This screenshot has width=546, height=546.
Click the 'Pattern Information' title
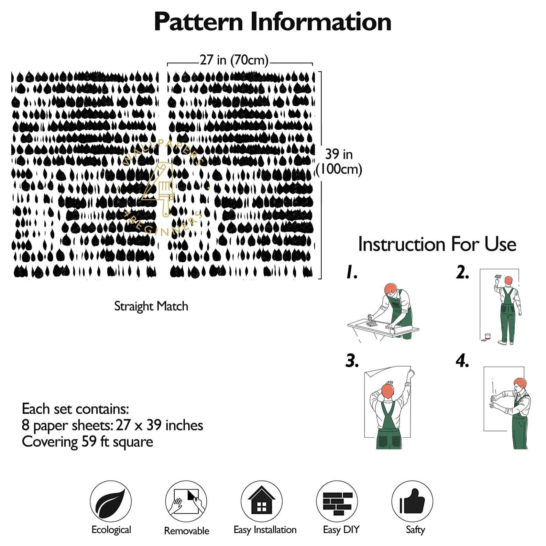pos(272,22)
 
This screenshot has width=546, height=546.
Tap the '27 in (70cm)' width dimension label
pos(234,60)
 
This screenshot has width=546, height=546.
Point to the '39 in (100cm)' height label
pos(339,162)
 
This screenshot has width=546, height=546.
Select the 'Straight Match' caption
pos(151,306)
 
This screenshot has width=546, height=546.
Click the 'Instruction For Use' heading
pos(437,244)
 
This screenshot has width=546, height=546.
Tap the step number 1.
pos(351,272)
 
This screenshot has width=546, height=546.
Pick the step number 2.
pos(462,272)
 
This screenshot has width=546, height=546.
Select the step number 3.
pos(352,361)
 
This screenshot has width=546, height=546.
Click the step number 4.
pos(462,361)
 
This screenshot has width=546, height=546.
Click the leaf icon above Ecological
pos(111,501)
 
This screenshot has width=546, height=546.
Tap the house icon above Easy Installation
pos(261,501)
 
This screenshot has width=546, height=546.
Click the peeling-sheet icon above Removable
pos(186,501)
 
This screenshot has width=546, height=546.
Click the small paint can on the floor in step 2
pos(487,336)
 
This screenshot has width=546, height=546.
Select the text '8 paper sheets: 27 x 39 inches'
pos(112,425)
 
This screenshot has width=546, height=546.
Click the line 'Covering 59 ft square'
pos(87,442)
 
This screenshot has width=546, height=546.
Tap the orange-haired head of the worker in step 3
pos(387,391)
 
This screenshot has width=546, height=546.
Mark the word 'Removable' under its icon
pos(186,531)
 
